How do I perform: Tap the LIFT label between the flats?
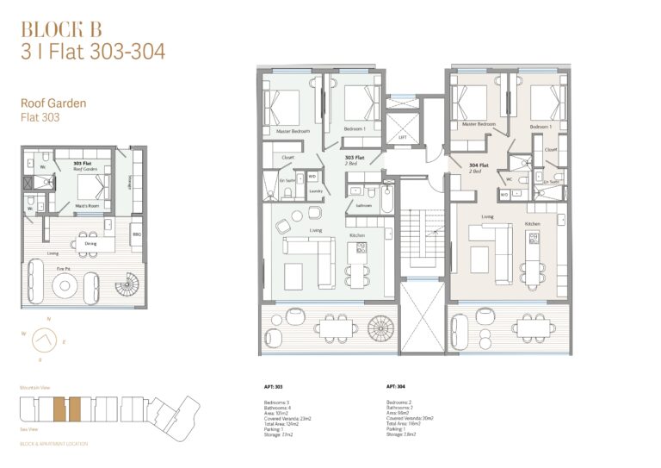click(x=401, y=137)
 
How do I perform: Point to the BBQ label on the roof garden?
click(x=135, y=233)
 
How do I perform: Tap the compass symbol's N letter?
click(x=49, y=320)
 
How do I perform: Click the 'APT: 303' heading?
click(x=275, y=386)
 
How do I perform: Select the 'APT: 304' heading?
click(x=397, y=386)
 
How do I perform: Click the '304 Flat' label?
click(x=479, y=165)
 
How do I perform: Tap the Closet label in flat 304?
click(x=552, y=148)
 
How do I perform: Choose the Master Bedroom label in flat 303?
click(x=293, y=131)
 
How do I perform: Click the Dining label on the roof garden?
click(x=90, y=244)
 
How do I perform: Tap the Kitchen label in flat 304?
click(x=534, y=224)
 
